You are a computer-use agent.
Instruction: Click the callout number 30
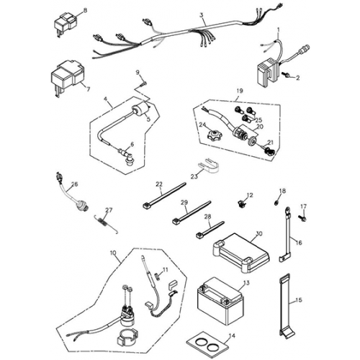point(259,233)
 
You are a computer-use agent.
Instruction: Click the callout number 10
point(112,253)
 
